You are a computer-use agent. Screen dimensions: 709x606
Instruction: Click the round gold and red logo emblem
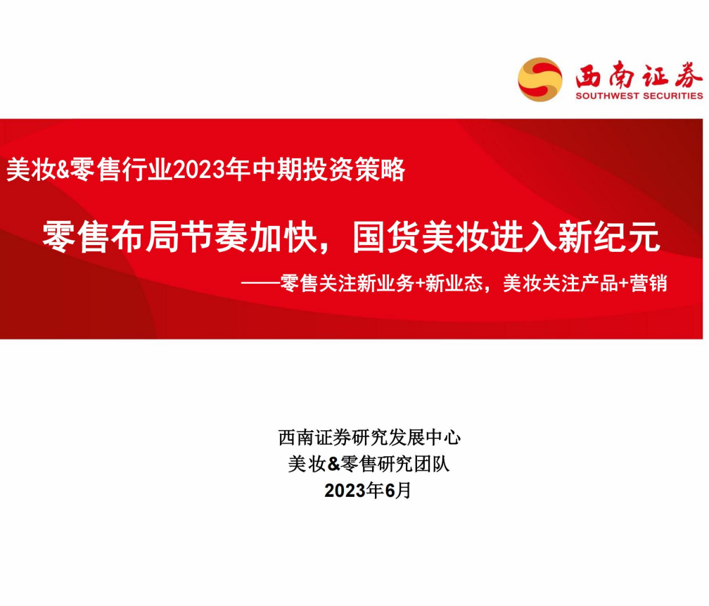tap(540, 80)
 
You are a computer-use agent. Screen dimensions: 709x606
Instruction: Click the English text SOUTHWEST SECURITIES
tap(639, 96)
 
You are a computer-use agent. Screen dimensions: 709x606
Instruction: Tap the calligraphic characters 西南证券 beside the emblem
tap(639, 75)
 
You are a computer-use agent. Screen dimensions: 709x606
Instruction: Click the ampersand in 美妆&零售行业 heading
tap(63, 170)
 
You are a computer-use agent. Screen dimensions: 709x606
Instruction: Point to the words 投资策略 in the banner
tap(354, 170)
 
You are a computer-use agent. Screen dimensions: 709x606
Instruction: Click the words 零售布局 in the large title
tap(111, 237)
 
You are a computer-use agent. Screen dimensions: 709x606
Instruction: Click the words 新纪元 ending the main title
tap(609, 237)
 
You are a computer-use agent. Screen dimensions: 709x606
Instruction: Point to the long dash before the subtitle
tap(260, 284)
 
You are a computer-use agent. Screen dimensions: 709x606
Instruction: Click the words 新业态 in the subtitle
tap(454, 284)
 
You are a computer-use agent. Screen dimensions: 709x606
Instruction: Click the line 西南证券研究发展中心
tap(369, 438)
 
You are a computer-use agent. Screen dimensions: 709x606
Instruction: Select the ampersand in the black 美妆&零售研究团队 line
tap(333, 465)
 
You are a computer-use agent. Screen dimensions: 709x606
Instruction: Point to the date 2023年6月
tap(368, 491)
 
